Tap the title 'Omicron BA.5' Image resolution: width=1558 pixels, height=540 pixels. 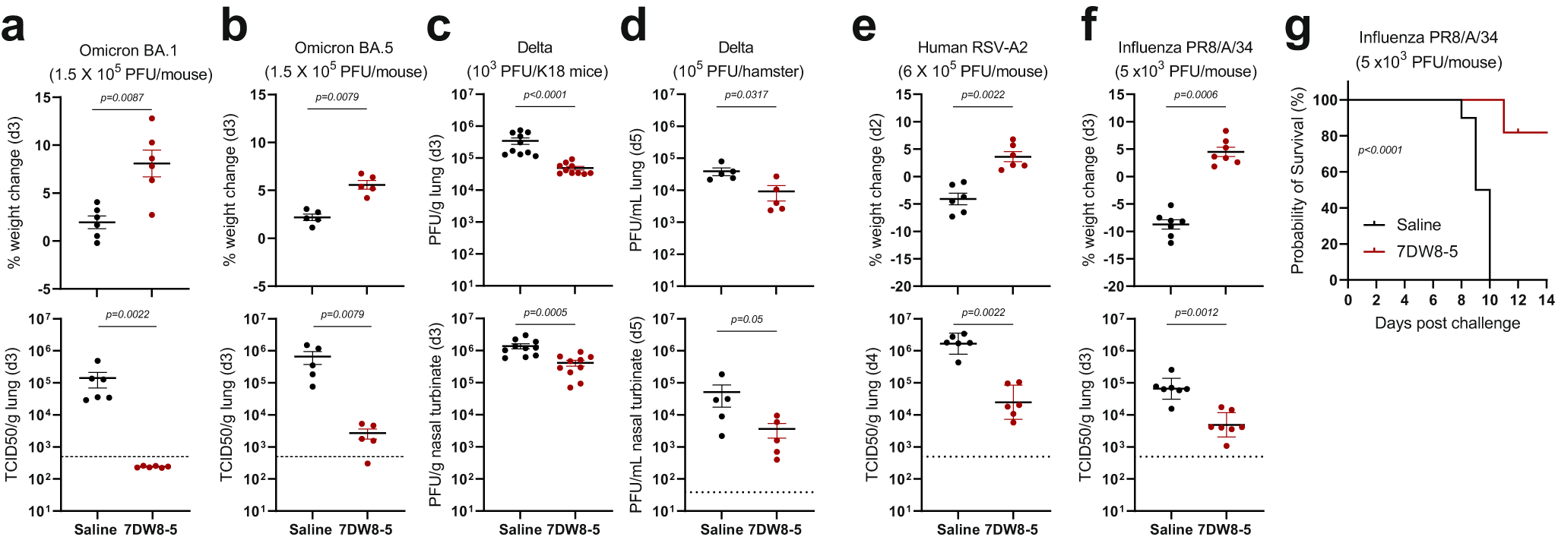[x=344, y=48]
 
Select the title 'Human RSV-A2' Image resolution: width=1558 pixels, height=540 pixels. [x=972, y=47]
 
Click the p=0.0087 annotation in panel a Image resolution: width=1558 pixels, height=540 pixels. [x=122, y=97]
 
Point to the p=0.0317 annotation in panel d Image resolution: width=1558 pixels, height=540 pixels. [x=746, y=95]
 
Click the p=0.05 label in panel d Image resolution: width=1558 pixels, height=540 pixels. [x=746, y=319]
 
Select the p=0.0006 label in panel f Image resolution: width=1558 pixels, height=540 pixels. [x=1195, y=95]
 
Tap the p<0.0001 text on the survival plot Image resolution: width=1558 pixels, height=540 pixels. [x=1379, y=150]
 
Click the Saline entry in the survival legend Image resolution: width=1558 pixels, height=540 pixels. [x=1418, y=225]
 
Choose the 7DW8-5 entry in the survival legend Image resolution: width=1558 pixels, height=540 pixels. [x=1427, y=251]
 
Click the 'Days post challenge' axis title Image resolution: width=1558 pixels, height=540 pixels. [x=1447, y=323]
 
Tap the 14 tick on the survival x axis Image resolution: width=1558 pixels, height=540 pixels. [x=1546, y=300]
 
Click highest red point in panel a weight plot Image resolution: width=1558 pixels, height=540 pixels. [x=152, y=118]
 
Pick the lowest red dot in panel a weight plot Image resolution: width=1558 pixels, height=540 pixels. [x=152, y=215]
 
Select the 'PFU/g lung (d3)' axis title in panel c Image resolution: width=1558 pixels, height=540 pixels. [x=435, y=190]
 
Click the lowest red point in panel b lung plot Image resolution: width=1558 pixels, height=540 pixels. [x=368, y=463]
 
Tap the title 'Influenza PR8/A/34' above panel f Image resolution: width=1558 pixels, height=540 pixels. [x=1185, y=47]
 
